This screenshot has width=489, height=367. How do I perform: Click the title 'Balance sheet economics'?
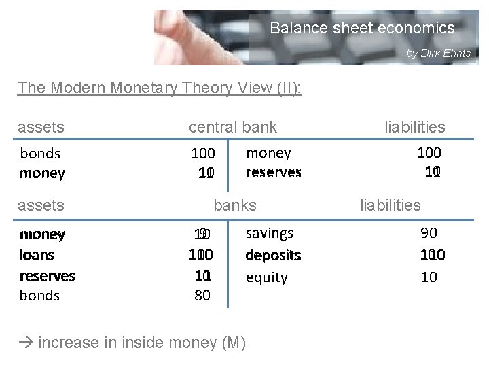pyautogui.click(x=362, y=29)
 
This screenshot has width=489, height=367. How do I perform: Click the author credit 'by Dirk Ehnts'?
pyautogui.click(x=438, y=53)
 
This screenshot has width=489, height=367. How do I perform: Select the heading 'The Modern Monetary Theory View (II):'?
pyautogui.click(x=160, y=88)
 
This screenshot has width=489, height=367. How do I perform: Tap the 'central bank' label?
pyautogui.click(x=232, y=126)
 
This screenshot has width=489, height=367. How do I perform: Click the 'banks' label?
pyautogui.click(x=235, y=205)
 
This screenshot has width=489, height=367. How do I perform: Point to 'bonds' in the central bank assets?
pyautogui.click(x=40, y=154)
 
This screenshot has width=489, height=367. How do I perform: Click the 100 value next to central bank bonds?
pyautogui.click(x=202, y=154)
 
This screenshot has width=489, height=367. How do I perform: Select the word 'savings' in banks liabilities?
pyautogui.click(x=269, y=233)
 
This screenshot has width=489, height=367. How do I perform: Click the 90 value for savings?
pyautogui.click(x=429, y=233)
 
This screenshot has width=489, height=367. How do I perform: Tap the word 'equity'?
pyautogui.click(x=266, y=277)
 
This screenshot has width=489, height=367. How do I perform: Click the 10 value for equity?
pyautogui.click(x=429, y=277)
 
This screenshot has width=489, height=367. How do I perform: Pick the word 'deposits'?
pyautogui.click(x=273, y=256)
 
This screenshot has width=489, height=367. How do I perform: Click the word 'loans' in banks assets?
pyautogui.click(x=37, y=256)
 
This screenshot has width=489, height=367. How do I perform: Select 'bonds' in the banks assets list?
pyautogui.click(x=39, y=296)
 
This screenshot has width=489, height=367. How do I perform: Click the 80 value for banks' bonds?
pyautogui.click(x=202, y=296)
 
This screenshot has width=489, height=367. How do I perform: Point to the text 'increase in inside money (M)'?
pyautogui.click(x=142, y=342)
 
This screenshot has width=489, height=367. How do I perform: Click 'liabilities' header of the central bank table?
pyautogui.click(x=414, y=127)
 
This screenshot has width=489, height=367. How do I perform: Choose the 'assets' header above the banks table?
pyautogui.click(x=41, y=205)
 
